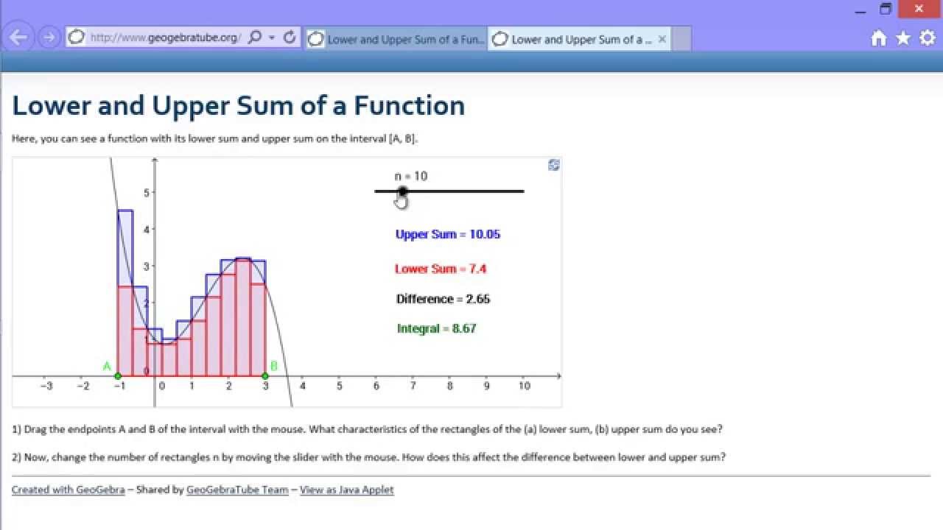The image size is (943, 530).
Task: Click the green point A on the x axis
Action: (118, 376)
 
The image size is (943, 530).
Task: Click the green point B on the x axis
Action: (265, 376)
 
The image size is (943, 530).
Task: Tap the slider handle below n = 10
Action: (402, 191)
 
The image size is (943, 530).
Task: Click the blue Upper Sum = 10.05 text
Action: (447, 234)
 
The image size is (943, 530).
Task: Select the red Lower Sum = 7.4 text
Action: (440, 269)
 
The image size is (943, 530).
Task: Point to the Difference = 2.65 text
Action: (443, 299)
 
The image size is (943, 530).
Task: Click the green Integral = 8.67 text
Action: (436, 328)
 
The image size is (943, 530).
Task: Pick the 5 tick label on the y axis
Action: (146, 193)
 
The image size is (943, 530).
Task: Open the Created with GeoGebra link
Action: (68, 490)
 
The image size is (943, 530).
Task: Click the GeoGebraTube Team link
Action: (237, 490)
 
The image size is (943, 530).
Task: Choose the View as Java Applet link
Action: (346, 490)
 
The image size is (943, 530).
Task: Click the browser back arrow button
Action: (19, 38)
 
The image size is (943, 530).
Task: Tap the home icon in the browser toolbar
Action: (878, 38)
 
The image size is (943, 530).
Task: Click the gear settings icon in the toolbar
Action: (928, 38)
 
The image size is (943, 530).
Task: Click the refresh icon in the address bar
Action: (290, 37)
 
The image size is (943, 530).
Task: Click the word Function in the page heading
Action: (409, 106)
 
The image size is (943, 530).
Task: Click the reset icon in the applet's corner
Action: (554, 165)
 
